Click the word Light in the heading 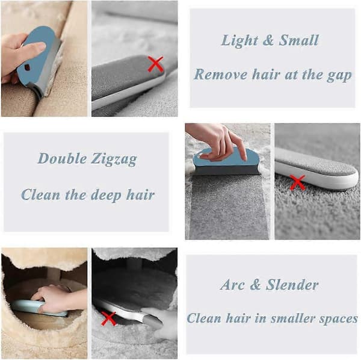pos(239,41)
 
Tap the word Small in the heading pos(298,40)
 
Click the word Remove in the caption pos(221,75)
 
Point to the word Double pos(62,158)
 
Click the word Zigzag pos(114,160)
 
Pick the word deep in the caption pos(106,195)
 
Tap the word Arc pos(232,285)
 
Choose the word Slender pos(292,285)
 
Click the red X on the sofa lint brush pos(156,64)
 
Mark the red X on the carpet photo pos(297,182)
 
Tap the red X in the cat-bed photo pos(108,319)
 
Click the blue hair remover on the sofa pos(39,58)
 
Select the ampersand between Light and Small pos(268,40)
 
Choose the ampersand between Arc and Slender pos(255,285)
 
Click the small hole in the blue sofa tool pos(27,67)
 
